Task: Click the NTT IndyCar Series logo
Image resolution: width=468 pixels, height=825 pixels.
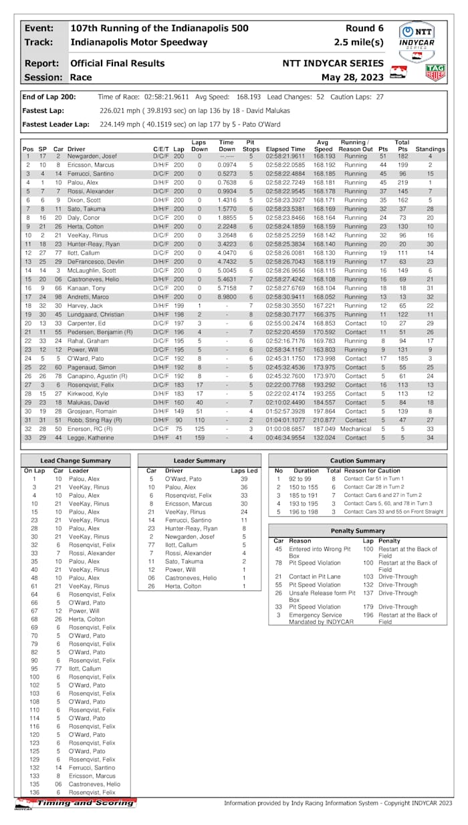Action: coord(417,37)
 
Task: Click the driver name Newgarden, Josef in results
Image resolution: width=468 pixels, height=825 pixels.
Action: coord(92,156)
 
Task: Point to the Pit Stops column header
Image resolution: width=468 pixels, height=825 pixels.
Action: coord(251,146)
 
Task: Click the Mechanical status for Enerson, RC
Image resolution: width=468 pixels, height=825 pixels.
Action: coord(355,429)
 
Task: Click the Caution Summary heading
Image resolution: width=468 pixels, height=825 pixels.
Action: coord(358,461)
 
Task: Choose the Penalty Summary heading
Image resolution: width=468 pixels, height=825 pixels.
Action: coord(358,530)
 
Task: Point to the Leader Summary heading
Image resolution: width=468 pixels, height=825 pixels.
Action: coord(200,461)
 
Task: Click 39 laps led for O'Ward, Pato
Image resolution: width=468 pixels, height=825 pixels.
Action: coord(243,479)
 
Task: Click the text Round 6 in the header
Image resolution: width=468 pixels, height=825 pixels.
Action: coord(364,29)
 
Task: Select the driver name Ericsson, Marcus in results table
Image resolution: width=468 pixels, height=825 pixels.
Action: coord(90,164)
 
